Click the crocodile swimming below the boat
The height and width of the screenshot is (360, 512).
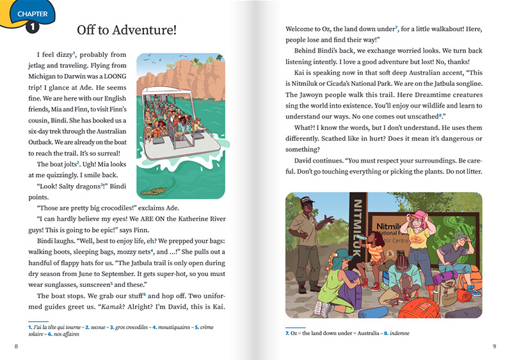[x=154, y=191]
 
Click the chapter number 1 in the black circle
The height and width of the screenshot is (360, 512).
[x=31, y=28]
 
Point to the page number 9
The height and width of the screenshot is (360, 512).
[x=494, y=347]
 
